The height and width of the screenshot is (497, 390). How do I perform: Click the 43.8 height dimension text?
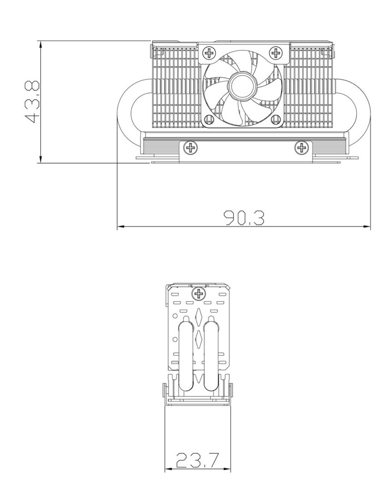click(32, 102)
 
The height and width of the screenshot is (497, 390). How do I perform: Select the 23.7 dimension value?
click(198, 460)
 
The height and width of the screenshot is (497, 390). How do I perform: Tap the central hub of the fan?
click(242, 86)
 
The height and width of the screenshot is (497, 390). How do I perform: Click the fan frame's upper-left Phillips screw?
click(209, 52)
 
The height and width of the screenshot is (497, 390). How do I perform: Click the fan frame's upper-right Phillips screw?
click(276, 52)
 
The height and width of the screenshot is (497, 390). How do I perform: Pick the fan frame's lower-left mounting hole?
click(209, 120)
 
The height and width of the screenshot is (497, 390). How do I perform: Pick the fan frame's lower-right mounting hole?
click(276, 120)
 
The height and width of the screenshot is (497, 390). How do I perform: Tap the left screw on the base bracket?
click(190, 148)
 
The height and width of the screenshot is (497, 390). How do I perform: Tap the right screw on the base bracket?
click(301, 148)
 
